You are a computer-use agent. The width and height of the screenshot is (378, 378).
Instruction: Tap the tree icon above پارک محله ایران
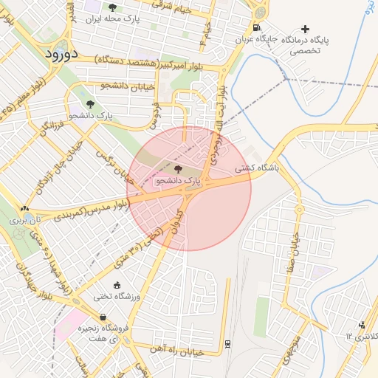pyautogui.click(x=112, y=8)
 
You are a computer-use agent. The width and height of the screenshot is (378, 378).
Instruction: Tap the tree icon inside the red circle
pyautogui.click(x=178, y=169)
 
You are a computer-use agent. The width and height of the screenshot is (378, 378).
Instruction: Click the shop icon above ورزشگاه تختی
pyautogui.click(x=117, y=285)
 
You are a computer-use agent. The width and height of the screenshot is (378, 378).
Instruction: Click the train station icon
pyautogui.click(x=227, y=343)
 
